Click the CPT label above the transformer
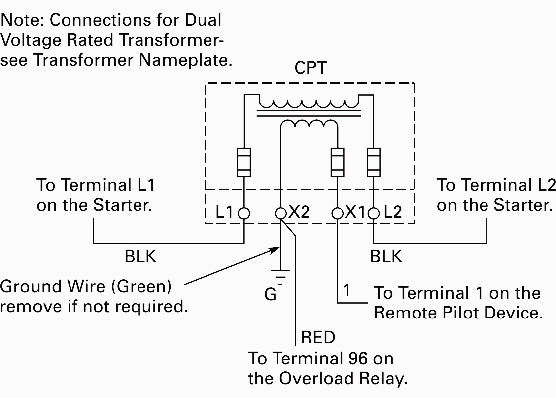point(310,68)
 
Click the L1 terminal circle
point(244,213)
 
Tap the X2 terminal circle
point(281,213)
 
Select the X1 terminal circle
point(338,213)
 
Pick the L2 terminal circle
point(373,213)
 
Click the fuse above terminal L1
point(244,162)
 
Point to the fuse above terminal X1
point(338,162)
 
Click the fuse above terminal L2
point(373,162)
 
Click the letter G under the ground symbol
point(270,294)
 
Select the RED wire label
point(318,338)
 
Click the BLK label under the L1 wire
point(140,256)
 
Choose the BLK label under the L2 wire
point(386,256)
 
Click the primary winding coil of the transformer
point(308,102)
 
